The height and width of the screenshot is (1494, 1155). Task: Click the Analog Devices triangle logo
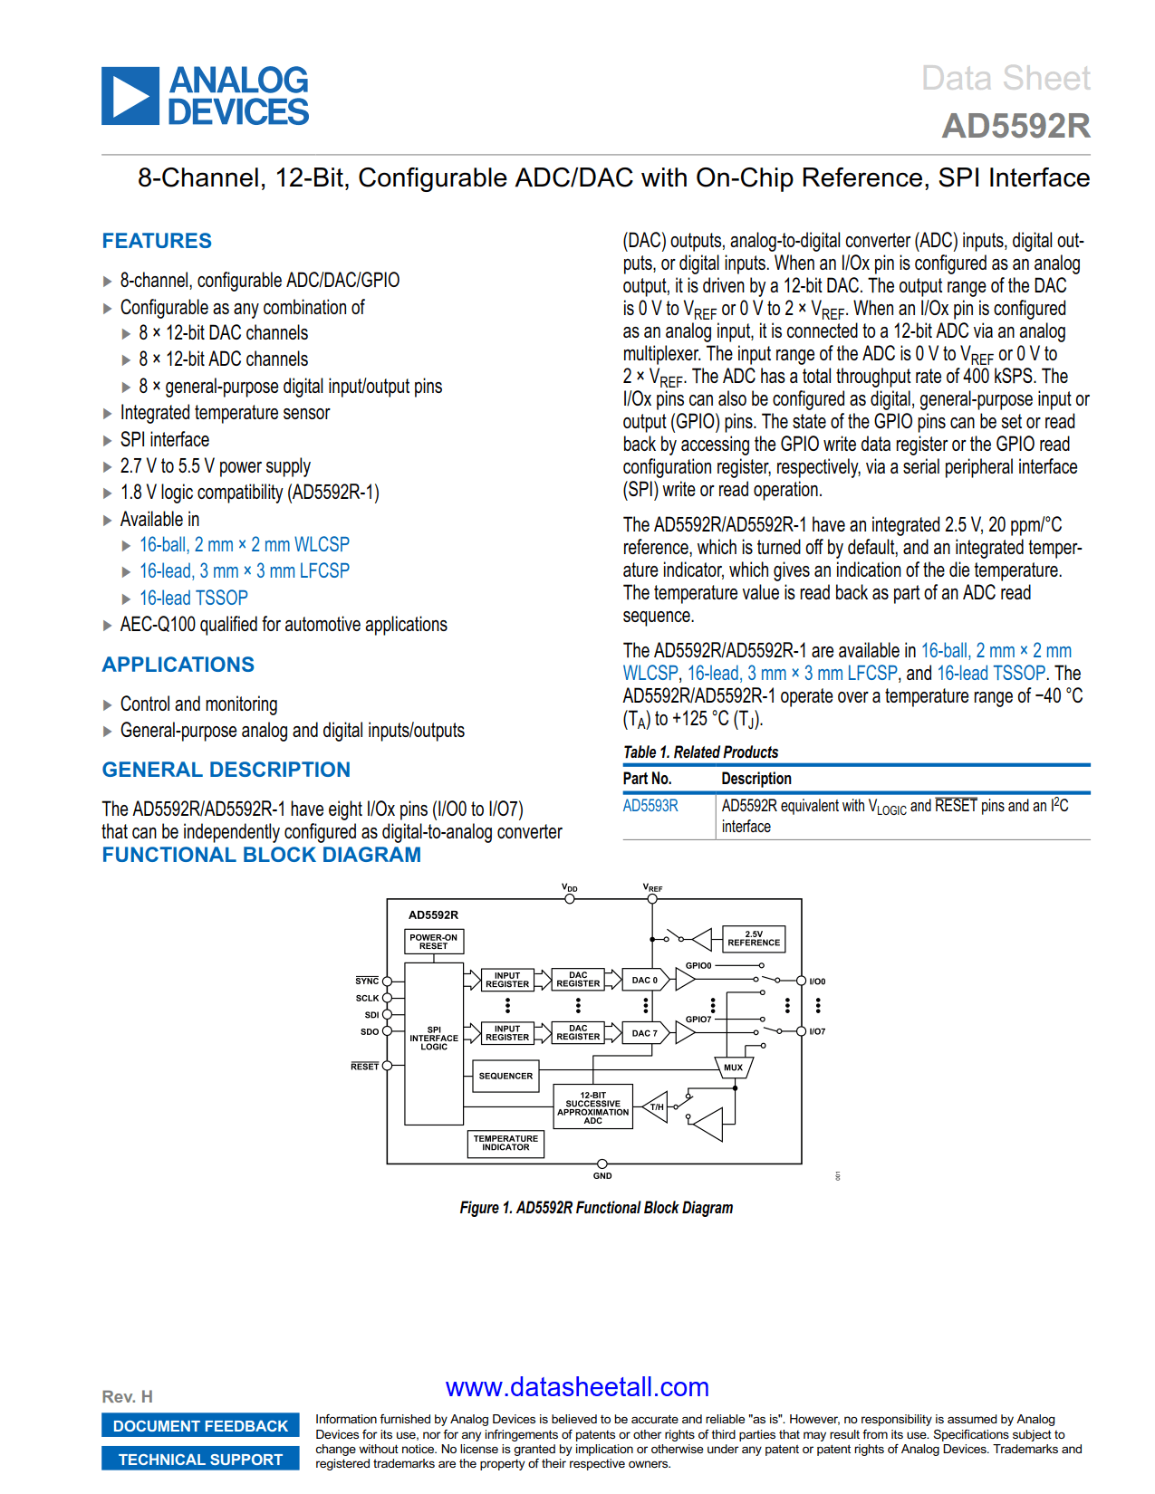tap(130, 96)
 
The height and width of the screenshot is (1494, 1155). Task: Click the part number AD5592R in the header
tap(1015, 126)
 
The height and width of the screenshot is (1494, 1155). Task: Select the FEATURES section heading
tap(157, 241)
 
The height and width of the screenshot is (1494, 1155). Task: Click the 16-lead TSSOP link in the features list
tap(193, 598)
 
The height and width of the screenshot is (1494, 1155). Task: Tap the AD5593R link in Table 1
tap(650, 806)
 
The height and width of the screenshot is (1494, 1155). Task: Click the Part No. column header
tap(647, 779)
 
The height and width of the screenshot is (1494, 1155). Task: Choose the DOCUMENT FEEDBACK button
tap(200, 1426)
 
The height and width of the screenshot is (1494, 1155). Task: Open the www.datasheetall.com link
tap(577, 1387)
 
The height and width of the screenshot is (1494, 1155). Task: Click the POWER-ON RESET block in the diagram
tap(433, 942)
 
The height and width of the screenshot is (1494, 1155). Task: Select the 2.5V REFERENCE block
tap(754, 938)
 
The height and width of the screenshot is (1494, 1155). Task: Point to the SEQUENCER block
tap(505, 1076)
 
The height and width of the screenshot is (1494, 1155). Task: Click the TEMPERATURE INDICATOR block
tap(505, 1143)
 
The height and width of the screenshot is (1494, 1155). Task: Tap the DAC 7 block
tap(645, 1033)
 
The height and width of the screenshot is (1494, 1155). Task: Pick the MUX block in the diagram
tap(733, 1068)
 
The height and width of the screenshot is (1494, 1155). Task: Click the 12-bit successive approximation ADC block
tap(593, 1107)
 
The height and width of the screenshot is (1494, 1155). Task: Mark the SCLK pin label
tap(367, 998)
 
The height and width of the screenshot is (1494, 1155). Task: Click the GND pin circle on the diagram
tap(602, 1164)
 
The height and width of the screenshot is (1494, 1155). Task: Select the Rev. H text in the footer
tap(127, 1396)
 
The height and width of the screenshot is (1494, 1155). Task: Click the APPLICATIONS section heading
tap(178, 665)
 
